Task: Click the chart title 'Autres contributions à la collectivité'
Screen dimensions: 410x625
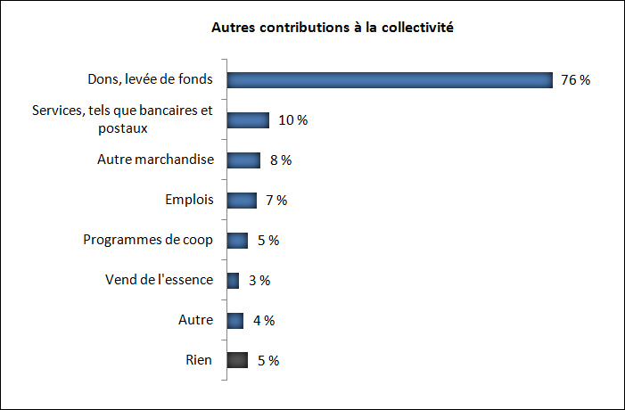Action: (333, 29)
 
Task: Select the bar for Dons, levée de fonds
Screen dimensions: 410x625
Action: (390, 80)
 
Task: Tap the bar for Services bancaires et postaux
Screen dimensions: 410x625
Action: (248, 120)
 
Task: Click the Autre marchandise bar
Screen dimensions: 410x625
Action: (243, 160)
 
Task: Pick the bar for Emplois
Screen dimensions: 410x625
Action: (242, 201)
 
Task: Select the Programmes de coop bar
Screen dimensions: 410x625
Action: (237, 241)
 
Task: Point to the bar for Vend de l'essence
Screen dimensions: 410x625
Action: (234, 281)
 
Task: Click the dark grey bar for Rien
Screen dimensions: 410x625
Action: (237, 361)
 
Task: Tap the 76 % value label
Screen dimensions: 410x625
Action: (575, 80)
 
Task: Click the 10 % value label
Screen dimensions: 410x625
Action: (292, 120)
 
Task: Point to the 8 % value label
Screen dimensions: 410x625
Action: (280, 160)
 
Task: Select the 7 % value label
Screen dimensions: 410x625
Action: (275, 201)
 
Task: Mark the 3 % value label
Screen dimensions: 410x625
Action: (259, 281)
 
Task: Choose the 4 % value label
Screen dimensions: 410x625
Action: (263, 321)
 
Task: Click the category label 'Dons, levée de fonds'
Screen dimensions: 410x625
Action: (150, 79)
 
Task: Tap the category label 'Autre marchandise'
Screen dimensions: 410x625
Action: (155, 160)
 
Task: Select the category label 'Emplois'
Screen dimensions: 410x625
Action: (189, 200)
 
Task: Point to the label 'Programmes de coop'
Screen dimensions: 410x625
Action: (148, 240)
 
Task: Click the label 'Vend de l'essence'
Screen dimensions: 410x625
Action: (160, 280)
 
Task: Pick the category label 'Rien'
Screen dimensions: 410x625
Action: (199, 360)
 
